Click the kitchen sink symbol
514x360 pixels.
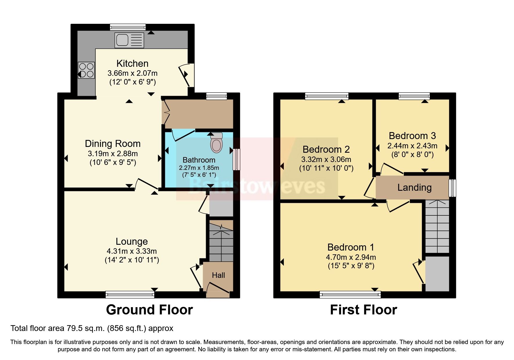[129, 40]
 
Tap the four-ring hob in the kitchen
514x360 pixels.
[86, 70]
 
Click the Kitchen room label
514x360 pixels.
[132, 63]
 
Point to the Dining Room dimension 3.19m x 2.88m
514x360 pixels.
[113, 153]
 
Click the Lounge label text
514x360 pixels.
[131, 241]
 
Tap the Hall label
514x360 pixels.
[218, 275]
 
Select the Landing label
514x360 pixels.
[414, 188]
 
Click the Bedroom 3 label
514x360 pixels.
[412, 136]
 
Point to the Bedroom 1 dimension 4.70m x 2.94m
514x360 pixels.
[351, 257]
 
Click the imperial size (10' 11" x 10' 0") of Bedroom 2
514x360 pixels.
[326, 168]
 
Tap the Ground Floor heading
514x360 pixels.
[149, 310]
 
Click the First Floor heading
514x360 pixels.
[363, 310]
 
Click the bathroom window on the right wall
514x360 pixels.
[237, 159]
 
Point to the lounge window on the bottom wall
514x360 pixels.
[130, 295]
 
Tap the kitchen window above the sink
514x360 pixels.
[128, 27]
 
